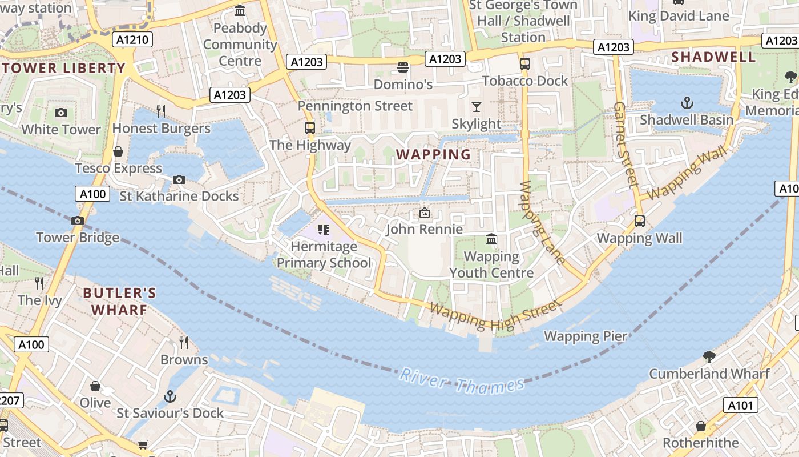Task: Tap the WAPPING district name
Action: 434,154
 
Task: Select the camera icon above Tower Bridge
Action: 78,221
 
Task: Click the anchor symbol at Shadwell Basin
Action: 687,103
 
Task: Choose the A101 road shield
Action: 741,406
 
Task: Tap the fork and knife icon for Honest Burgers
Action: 161,111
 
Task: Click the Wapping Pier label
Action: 586,336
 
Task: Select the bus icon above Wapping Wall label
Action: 640,221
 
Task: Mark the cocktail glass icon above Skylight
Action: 476,106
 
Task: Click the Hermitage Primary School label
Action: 324,255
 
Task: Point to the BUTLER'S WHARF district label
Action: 119,301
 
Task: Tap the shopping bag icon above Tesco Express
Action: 118,151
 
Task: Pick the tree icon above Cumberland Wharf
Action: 709,357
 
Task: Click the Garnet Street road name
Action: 626,145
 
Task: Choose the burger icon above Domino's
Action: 403,67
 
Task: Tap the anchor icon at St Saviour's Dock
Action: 170,396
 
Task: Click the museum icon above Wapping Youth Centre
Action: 491,239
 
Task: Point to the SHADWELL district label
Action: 713,57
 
